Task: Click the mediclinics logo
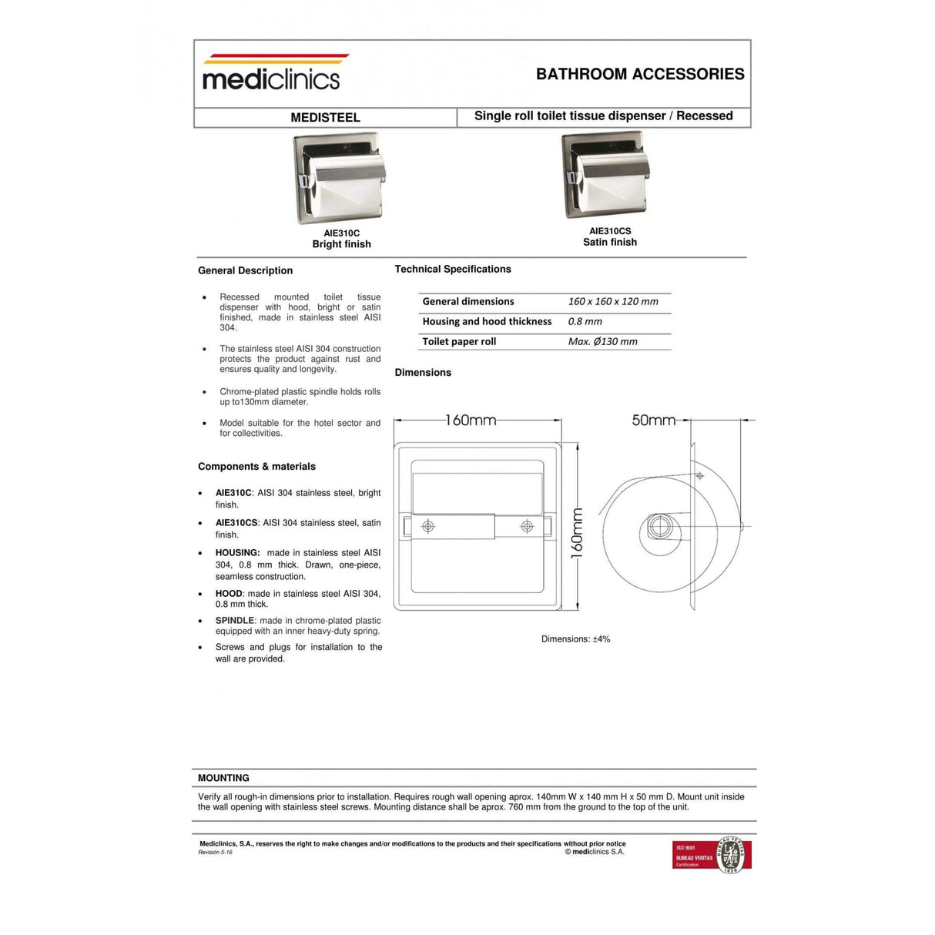271,74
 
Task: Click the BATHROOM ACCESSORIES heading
640,74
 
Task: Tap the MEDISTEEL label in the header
325,117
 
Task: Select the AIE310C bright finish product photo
340,179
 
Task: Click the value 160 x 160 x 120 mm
613,301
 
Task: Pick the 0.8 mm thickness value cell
585,321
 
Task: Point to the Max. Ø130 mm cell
602,341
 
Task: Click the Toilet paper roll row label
459,341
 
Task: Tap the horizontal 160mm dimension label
471,421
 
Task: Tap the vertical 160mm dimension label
577,534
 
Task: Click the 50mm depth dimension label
653,421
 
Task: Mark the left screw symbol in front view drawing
428,526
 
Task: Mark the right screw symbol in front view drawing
527,526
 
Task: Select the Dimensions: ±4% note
575,639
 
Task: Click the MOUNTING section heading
223,778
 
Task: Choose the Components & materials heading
256,467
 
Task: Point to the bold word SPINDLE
235,621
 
